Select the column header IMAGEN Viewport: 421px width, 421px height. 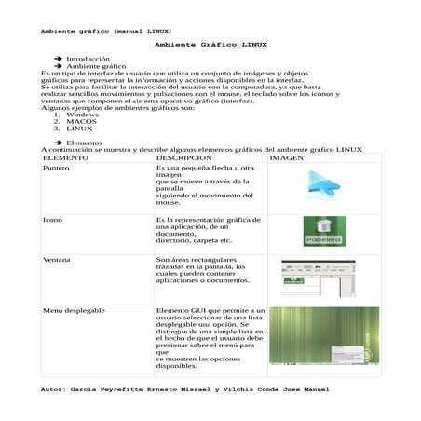point(287,157)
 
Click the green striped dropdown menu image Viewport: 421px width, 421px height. point(324,335)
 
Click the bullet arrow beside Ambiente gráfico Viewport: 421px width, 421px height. point(58,67)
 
